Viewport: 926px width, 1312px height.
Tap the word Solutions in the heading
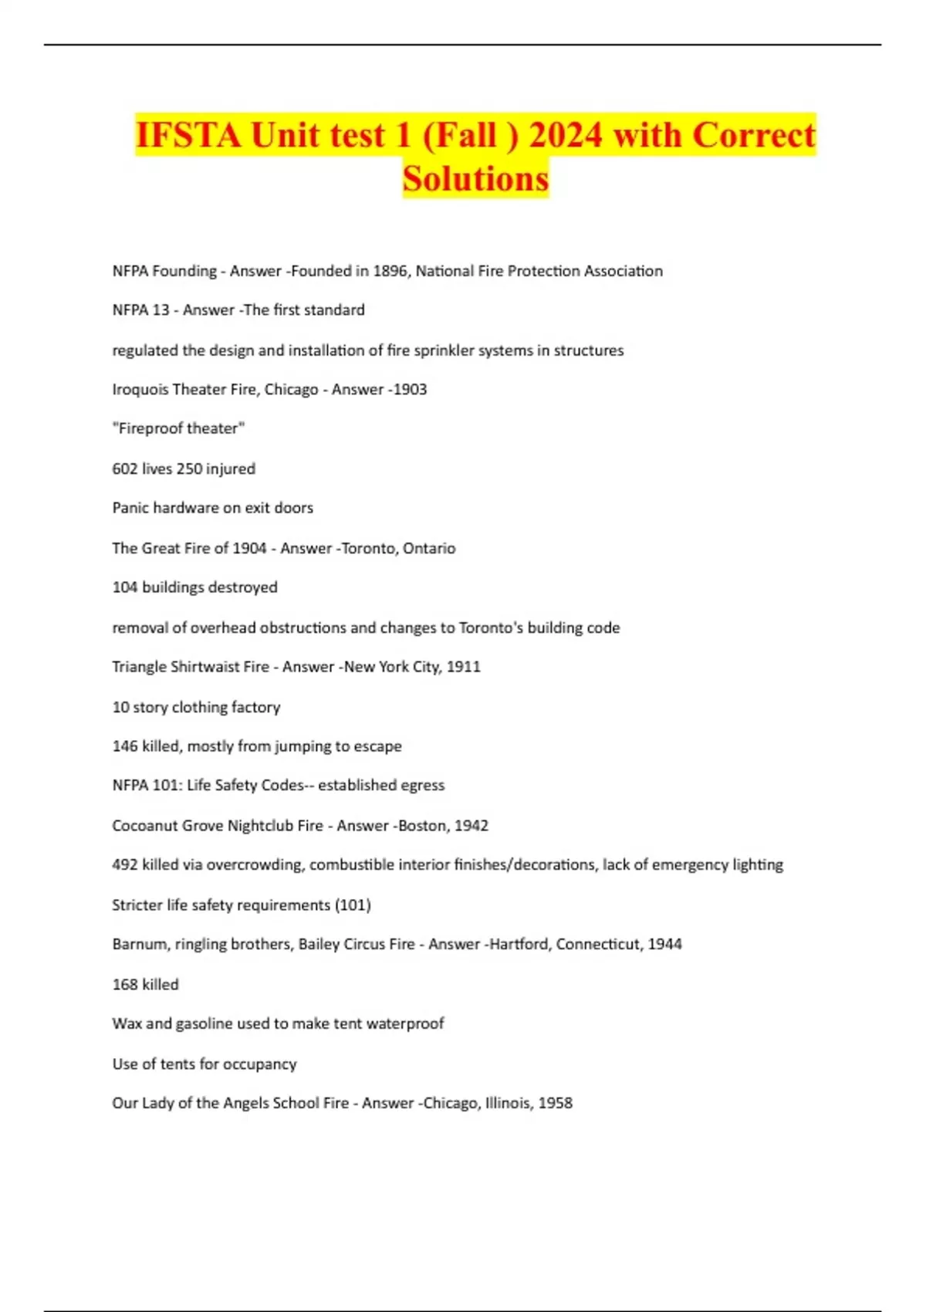(475, 178)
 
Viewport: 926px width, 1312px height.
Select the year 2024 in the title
(566, 135)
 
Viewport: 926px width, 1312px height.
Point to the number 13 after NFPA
(161, 310)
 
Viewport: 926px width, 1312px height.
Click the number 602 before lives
(125, 469)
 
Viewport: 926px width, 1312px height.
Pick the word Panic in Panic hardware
(130, 508)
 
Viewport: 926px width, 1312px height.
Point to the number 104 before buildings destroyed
(125, 587)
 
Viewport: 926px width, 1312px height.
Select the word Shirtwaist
(195, 667)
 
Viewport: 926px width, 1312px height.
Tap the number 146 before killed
(125, 746)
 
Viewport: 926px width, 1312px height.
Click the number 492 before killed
(125, 865)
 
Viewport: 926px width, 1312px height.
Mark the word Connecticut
(598, 945)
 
